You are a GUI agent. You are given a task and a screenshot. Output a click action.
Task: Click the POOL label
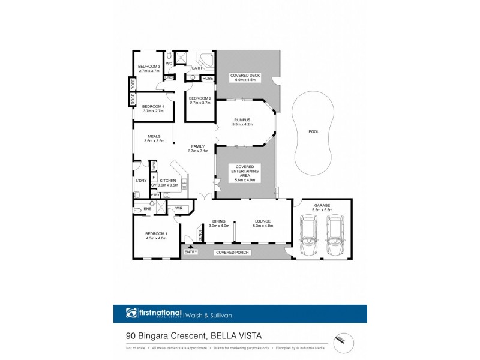coord(313,131)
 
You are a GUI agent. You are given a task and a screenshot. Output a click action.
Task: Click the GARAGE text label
coord(322,206)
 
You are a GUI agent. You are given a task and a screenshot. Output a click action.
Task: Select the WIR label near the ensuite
coord(179,208)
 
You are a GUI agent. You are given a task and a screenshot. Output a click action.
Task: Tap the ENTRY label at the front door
coord(191,252)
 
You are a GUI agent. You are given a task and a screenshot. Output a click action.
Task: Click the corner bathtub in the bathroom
coord(206,59)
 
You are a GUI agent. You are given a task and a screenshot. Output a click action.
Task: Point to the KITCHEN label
coord(168,180)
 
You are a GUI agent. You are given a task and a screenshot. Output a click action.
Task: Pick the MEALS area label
coord(154,136)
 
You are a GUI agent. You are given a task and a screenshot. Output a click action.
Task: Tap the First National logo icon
coord(131,313)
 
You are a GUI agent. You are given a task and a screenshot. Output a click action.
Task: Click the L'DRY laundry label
coord(141,181)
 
